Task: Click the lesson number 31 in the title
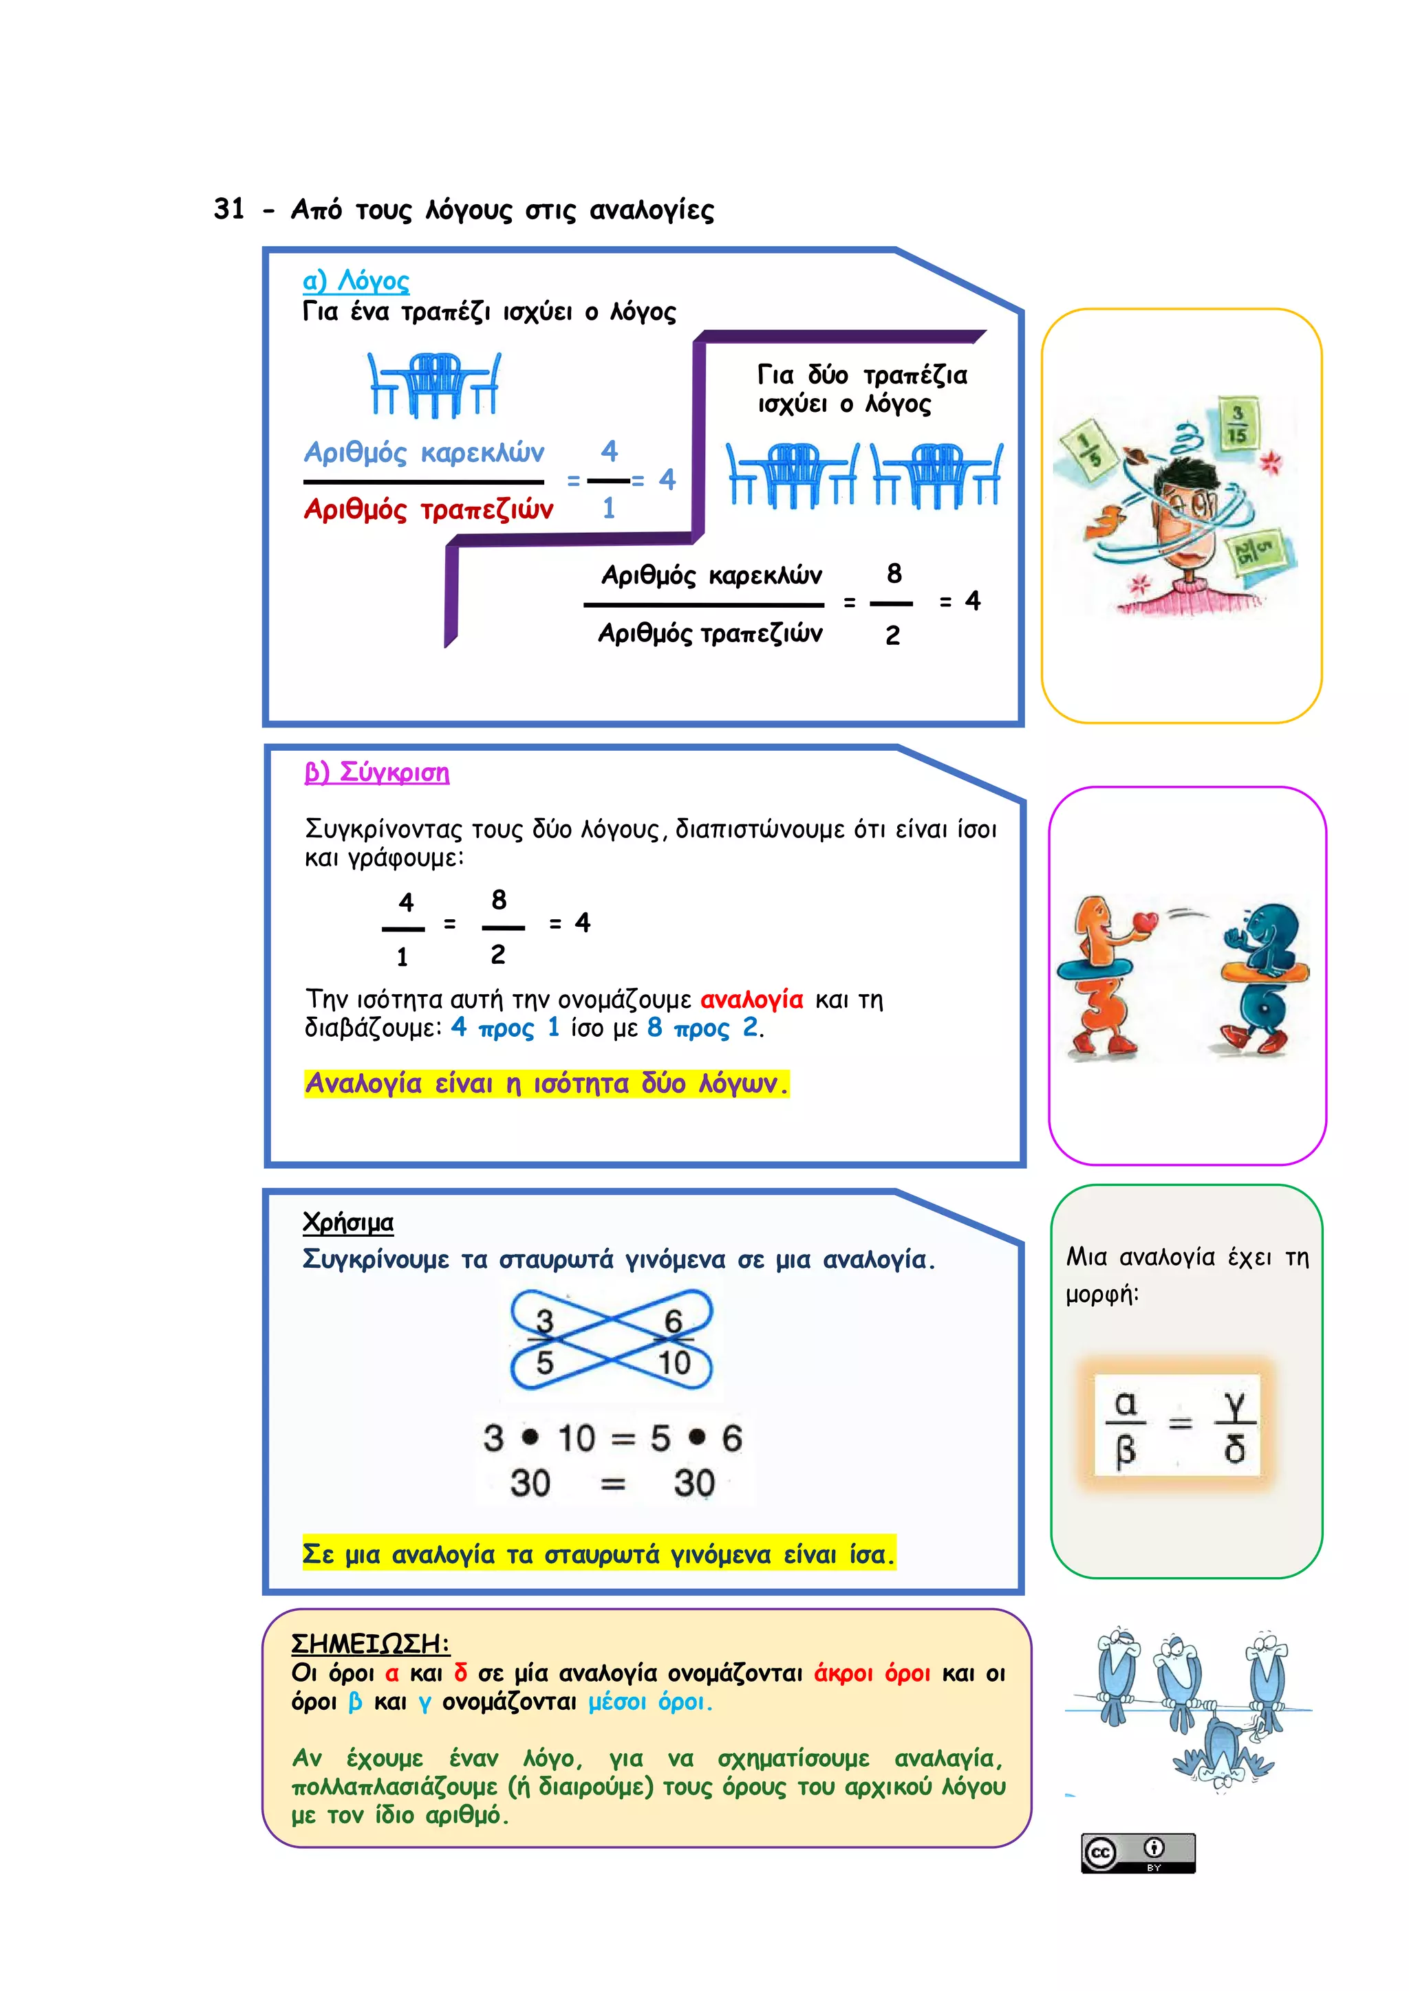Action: tap(229, 209)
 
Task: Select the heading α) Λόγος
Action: tap(356, 281)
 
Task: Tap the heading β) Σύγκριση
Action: tap(376, 772)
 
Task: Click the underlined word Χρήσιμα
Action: tap(348, 1222)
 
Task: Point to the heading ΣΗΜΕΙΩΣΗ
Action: tap(369, 1643)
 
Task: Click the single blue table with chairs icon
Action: tap(434, 384)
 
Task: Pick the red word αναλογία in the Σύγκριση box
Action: tap(751, 1000)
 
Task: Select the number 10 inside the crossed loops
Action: tap(674, 1363)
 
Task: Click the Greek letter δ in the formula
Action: tap(1235, 1449)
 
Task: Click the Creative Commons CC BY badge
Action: tap(1137, 1852)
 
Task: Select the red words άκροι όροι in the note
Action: tap(872, 1673)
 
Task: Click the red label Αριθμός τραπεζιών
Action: tap(429, 509)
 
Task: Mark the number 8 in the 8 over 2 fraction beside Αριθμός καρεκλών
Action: tap(894, 573)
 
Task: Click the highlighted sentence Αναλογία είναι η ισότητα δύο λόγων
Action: tap(546, 1084)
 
